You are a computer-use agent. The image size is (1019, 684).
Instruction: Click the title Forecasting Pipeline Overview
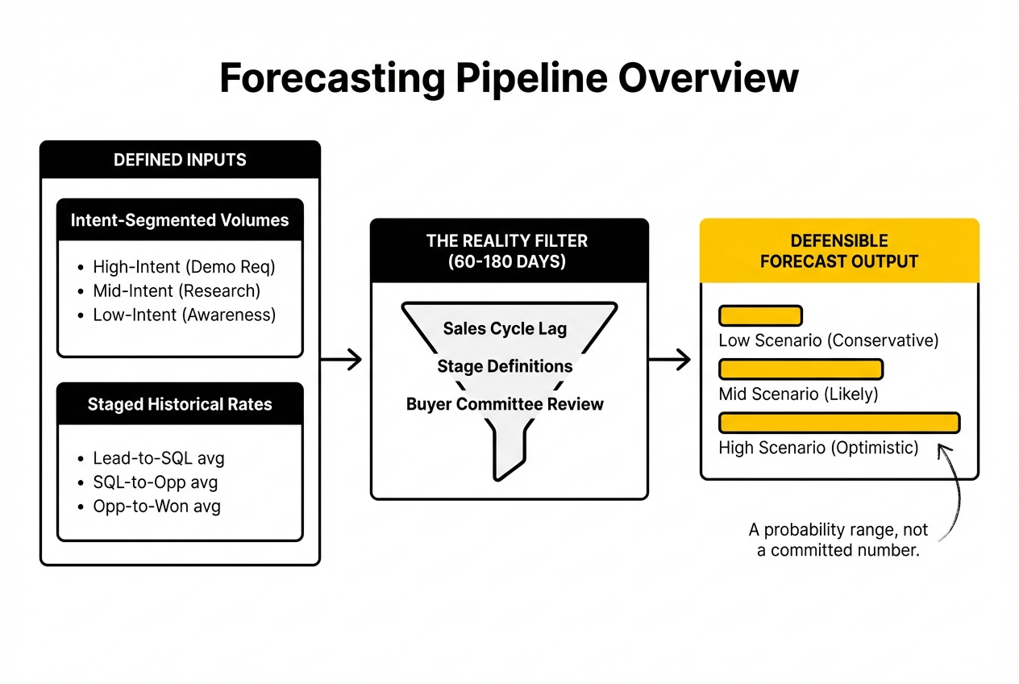tap(509, 79)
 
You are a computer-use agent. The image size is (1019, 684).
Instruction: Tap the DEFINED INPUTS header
tap(180, 160)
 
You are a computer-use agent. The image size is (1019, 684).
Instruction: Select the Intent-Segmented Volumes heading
tap(180, 220)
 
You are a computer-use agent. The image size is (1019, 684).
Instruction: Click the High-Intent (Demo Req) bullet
tap(184, 267)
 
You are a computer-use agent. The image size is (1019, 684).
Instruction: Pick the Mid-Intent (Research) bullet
tap(177, 290)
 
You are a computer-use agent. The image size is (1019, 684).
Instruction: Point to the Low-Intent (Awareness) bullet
tap(184, 315)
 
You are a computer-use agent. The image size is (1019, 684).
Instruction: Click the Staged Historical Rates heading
tap(180, 404)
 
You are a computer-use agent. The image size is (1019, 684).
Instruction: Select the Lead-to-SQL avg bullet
tap(158, 458)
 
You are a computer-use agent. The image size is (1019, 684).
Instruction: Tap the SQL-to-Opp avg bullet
tap(156, 482)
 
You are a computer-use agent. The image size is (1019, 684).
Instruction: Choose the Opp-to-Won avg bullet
tap(158, 507)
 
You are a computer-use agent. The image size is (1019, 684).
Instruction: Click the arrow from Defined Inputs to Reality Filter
tap(342, 360)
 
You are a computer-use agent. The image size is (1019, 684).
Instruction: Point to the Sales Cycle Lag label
tap(505, 328)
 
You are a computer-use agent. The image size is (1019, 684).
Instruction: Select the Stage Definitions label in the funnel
tap(505, 366)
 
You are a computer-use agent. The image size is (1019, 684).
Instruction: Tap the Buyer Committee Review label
tap(505, 404)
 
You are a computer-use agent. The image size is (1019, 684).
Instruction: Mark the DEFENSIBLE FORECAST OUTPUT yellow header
tap(839, 251)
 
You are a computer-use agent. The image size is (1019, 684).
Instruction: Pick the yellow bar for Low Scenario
tap(759, 315)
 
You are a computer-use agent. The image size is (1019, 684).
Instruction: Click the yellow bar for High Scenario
tap(838, 423)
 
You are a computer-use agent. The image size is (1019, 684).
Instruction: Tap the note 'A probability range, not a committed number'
tap(838, 540)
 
